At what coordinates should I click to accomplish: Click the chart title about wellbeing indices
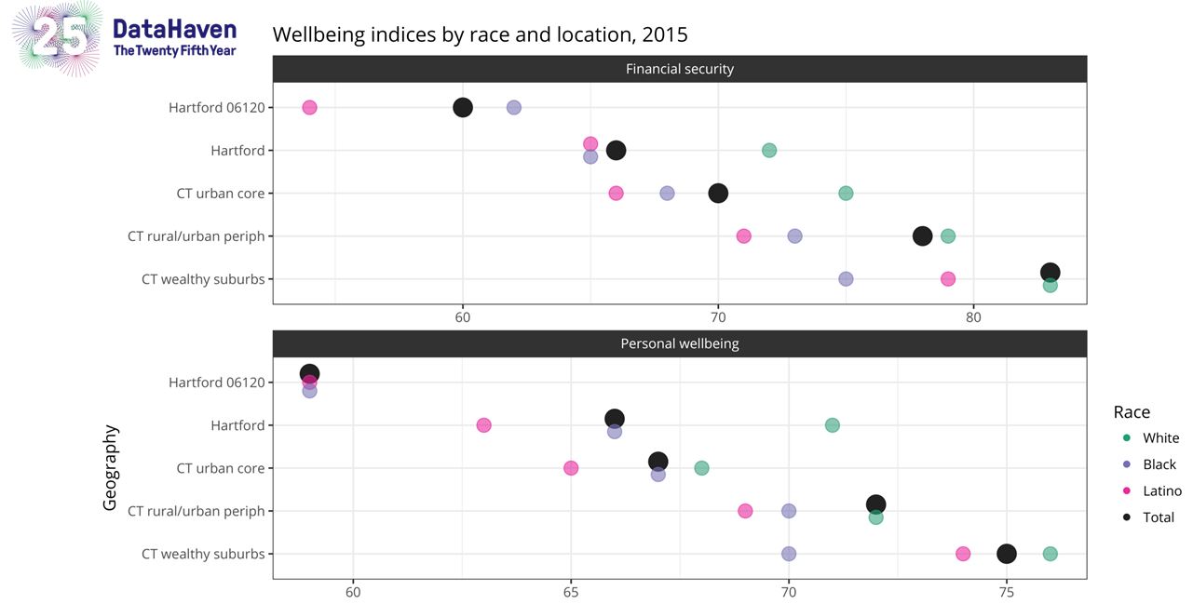(x=480, y=35)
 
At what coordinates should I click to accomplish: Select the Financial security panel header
(x=679, y=69)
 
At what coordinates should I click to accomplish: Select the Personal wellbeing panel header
(x=679, y=343)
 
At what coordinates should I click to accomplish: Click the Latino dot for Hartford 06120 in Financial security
(x=309, y=108)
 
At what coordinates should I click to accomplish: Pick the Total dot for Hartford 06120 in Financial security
(x=463, y=108)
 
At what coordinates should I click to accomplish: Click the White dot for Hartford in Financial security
(x=769, y=151)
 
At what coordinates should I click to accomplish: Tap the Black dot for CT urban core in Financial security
(x=667, y=194)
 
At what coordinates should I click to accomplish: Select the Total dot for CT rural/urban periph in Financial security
(x=922, y=236)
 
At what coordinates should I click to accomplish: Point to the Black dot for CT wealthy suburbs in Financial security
(x=846, y=279)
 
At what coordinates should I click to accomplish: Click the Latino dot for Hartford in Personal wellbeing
(x=483, y=425)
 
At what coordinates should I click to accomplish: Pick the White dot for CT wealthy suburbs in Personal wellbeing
(x=1051, y=554)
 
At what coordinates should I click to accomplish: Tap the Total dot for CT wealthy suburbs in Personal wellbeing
(x=1007, y=554)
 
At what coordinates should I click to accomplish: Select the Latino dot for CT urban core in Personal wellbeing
(x=571, y=468)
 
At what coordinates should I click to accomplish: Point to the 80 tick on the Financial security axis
(x=973, y=316)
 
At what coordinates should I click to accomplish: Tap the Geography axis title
(x=111, y=467)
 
